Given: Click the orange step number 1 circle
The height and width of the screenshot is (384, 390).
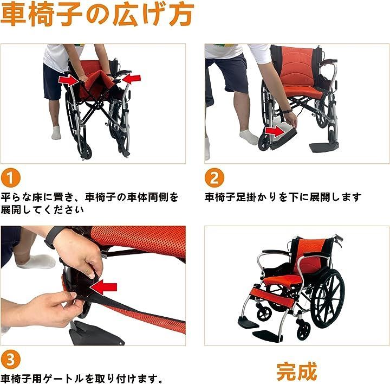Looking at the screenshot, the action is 10,178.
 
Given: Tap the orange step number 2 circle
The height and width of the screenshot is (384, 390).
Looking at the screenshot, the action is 214,178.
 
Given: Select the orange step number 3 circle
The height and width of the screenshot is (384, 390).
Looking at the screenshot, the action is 10,360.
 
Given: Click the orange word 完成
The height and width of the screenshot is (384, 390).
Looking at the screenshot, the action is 297,372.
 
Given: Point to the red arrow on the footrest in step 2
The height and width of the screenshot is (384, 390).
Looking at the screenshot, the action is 274,131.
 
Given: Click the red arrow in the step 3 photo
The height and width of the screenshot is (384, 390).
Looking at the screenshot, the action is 103,287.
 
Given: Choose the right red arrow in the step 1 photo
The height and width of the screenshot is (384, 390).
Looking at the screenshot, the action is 131,79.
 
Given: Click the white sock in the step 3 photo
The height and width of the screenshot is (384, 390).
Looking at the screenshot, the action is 37,261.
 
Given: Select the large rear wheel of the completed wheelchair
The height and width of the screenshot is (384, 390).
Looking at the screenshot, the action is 328,298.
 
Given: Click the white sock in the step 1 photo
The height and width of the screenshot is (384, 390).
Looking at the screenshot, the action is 56,132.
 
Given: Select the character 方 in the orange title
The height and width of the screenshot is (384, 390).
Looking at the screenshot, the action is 181,14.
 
